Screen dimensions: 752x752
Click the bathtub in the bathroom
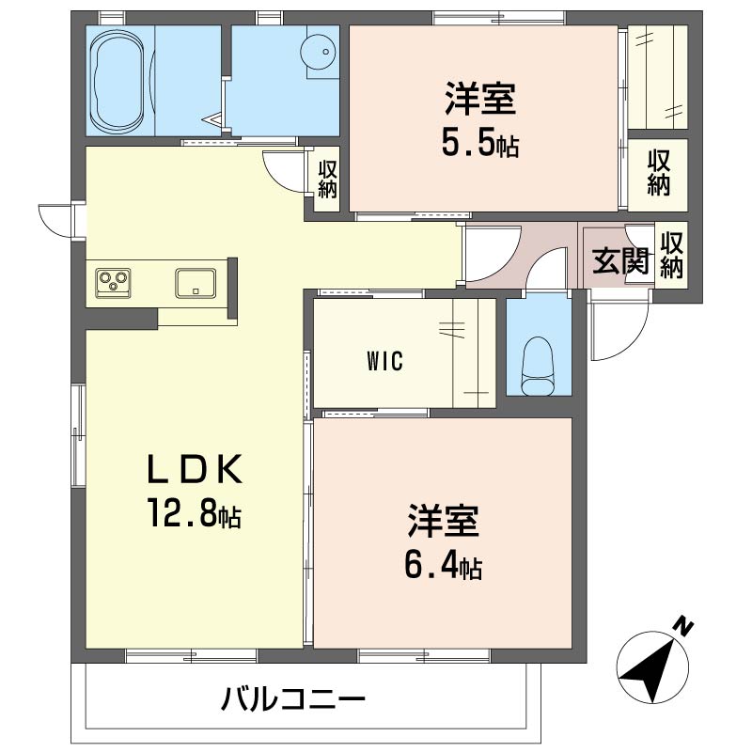pyautogui.click(x=117, y=80)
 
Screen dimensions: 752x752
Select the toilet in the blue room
pyautogui.click(x=538, y=366)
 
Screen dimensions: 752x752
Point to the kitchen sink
pyautogui.click(x=196, y=283)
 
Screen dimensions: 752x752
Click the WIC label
pyautogui.click(x=384, y=362)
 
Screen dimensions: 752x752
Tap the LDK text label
pyautogui.click(x=195, y=469)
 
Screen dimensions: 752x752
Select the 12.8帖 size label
pyautogui.click(x=195, y=512)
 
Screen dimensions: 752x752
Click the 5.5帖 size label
pyautogui.click(x=480, y=143)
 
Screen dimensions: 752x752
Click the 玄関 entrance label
pyautogui.click(x=620, y=261)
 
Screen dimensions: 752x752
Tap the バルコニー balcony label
pyautogui.click(x=293, y=699)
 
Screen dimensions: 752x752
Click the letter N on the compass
pyautogui.click(x=683, y=626)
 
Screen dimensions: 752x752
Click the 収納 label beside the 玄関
pyautogui.click(x=671, y=256)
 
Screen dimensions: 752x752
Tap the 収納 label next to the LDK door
pyautogui.click(x=327, y=180)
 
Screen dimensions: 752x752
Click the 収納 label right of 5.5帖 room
pyautogui.click(x=659, y=173)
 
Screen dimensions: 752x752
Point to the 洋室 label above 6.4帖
pyautogui.click(x=443, y=522)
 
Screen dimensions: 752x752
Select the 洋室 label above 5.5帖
pyautogui.click(x=480, y=99)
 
